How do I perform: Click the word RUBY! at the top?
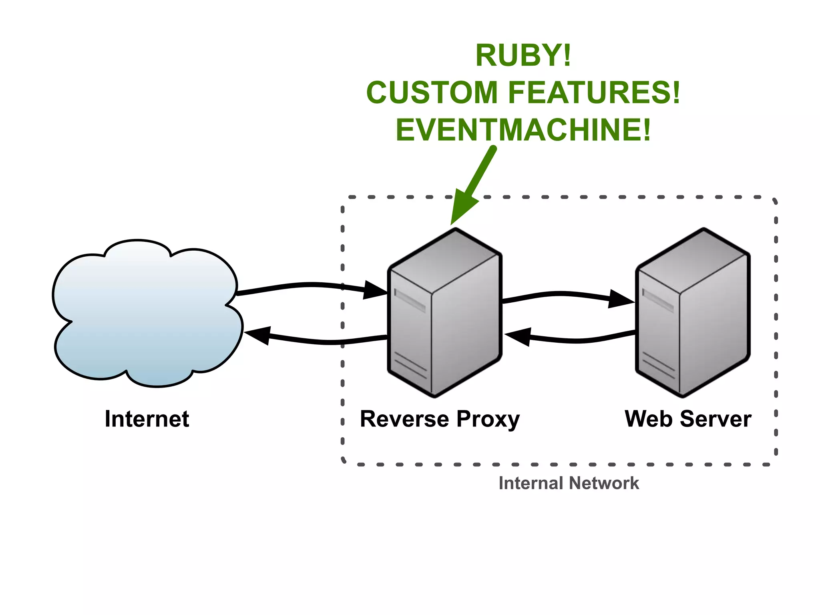(523, 56)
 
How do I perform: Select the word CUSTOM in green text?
(432, 92)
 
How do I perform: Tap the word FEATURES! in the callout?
(594, 92)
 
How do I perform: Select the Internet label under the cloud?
(147, 419)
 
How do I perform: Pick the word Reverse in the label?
(404, 419)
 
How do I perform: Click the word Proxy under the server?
(488, 420)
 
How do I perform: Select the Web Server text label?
(687, 419)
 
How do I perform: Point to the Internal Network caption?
(569, 483)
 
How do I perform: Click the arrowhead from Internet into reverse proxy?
(376, 291)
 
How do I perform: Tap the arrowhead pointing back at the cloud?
(256, 335)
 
